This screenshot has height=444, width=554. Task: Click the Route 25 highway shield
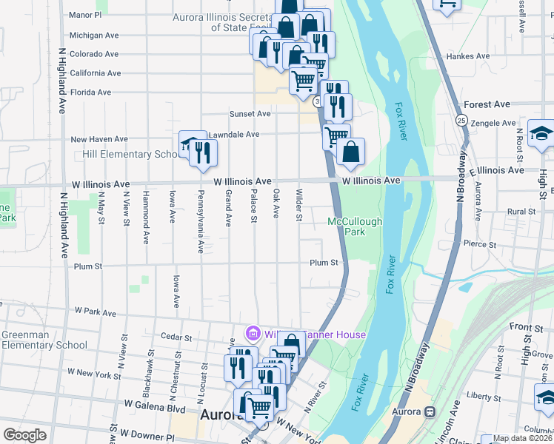pyautogui.click(x=461, y=120)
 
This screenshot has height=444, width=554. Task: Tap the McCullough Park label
pyautogui.click(x=355, y=226)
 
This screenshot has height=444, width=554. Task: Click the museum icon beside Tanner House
pyautogui.click(x=252, y=334)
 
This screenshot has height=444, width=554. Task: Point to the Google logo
pyautogui.click(x=24, y=435)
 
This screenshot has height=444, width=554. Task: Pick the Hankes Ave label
pyautogui.click(x=467, y=56)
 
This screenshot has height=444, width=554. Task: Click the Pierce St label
pyautogui.click(x=478, y=243)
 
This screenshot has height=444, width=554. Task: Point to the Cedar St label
pyautogui.click(x=176, y=337)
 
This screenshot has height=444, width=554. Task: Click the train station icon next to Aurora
pyautogui.click(x=428, y=411)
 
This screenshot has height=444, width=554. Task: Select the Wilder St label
pyautogui.click(x=299, y=206)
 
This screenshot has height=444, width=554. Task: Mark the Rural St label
pyautogui.click(x=521, y=212)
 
